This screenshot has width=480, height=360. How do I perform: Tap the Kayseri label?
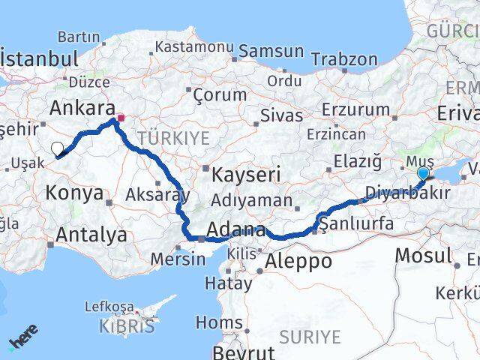click(x=246, y=175)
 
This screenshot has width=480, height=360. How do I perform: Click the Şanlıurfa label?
click(x=355, y=223)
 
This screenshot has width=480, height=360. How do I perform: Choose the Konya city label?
click(x=74, y=193)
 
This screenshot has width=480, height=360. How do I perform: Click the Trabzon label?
click(x=343, y=58)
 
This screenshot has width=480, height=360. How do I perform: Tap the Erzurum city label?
click(x=355, y=109)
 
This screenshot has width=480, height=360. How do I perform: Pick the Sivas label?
click(x=281, y=115)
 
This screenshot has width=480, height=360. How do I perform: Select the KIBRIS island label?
click(x=127, y=326)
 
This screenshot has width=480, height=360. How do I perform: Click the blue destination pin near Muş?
click(x=423, y=174)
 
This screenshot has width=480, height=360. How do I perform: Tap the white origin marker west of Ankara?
click(x=58, y=148)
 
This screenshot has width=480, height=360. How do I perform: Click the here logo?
click(x=22, y=337)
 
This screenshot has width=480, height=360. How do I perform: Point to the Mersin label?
click(x=178, y=259)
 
